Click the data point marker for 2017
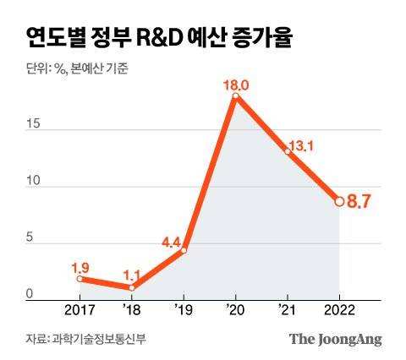(x=80, y=279)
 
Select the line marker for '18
(x=132, y=288)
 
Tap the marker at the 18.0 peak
(x=235, y=96)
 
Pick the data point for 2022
(x=339, y=201)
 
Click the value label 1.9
(x=80, y=266)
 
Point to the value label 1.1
(x=132, y=275)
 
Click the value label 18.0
(x=234, y=84)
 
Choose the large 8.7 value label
(x=362, y=201)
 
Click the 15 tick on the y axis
(x=31, y=124)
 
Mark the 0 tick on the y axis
(x=29, y=294)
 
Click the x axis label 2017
(x=80, y=310)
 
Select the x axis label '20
(x=235, y=310)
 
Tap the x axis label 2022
(x=338, y=310)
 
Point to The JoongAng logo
(x=336, y=340)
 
